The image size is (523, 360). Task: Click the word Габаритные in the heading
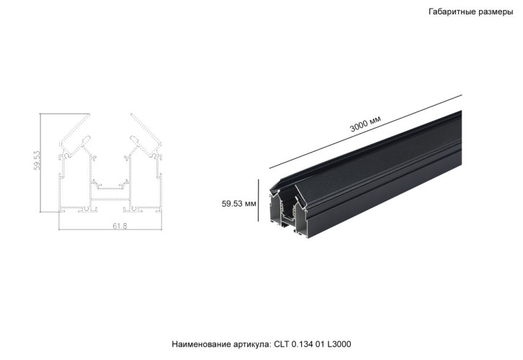click(452, 12)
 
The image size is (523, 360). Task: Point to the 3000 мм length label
click(365, 124)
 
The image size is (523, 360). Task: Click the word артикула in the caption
click(252, 345)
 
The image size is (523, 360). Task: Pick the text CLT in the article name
click(282, 345)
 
